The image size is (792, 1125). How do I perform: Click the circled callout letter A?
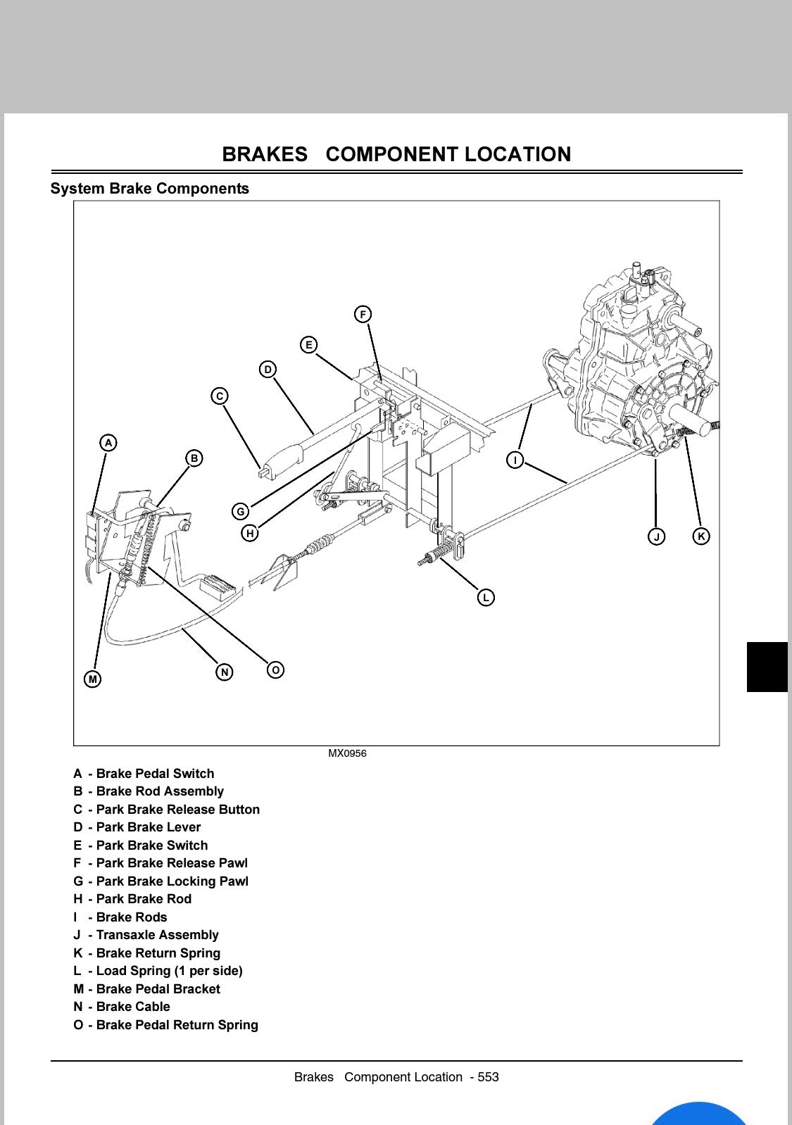point(108,443)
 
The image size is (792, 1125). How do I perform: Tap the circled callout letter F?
point(363,314)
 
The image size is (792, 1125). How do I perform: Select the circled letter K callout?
point(700,536)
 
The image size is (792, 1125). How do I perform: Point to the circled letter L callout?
point(486,598)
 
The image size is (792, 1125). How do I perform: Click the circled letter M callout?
point(92,679)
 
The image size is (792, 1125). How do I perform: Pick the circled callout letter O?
point(276,670)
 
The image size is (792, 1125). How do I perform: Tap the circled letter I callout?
point(515,460)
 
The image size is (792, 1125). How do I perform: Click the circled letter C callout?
point(220,396)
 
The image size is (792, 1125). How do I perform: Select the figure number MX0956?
point(347,753)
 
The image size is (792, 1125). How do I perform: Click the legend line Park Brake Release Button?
point(167,810)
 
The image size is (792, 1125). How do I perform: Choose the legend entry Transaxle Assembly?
point(146,935)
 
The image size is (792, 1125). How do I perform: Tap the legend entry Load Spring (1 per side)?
point(158,971)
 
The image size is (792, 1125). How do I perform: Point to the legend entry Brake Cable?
point(122,1007)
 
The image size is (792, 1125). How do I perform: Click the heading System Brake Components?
point(149,189)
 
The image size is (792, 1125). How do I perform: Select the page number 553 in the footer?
point(488,1077)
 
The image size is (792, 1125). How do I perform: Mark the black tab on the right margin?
point(767,667)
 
